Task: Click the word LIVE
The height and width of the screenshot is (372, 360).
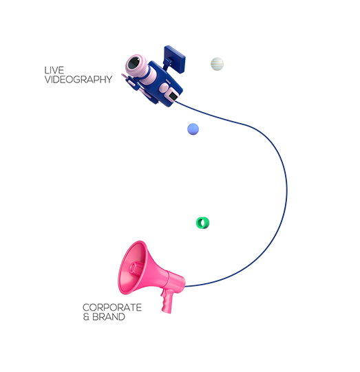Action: click(x=54, y=70)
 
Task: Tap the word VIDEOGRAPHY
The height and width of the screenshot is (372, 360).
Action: click(x=78, y=80)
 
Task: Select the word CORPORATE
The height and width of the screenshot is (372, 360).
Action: click(x=112, y=307)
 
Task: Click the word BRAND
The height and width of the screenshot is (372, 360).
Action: click(x=109, y=317)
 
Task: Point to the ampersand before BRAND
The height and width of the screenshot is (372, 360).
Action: click(x=86, y=317)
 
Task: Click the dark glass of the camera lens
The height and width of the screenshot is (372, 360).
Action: click(x=134, y=63)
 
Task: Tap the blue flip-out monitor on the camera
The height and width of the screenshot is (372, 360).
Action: click(x=175, y=58)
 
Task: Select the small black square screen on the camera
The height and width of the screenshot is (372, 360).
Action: click(x=173, y=96)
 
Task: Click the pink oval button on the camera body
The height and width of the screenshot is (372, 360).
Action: click(x=163, y=88)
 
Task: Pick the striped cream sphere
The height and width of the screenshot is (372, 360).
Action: click(x=217, y=64)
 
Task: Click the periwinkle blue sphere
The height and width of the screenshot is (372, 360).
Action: click(x=193, y=129)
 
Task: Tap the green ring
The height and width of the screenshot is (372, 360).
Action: click(x=198, y=223)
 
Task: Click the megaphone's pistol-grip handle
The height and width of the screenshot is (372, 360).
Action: click(x=167, y=301)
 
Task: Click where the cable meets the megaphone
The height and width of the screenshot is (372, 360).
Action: click(x=185, y=286)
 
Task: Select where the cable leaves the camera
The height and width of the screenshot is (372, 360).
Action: click(x=176, y=102)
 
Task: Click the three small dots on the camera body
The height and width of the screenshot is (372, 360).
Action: click(x=168, y=82)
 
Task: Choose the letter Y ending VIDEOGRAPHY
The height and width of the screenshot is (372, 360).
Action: click(x=109, y=80)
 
